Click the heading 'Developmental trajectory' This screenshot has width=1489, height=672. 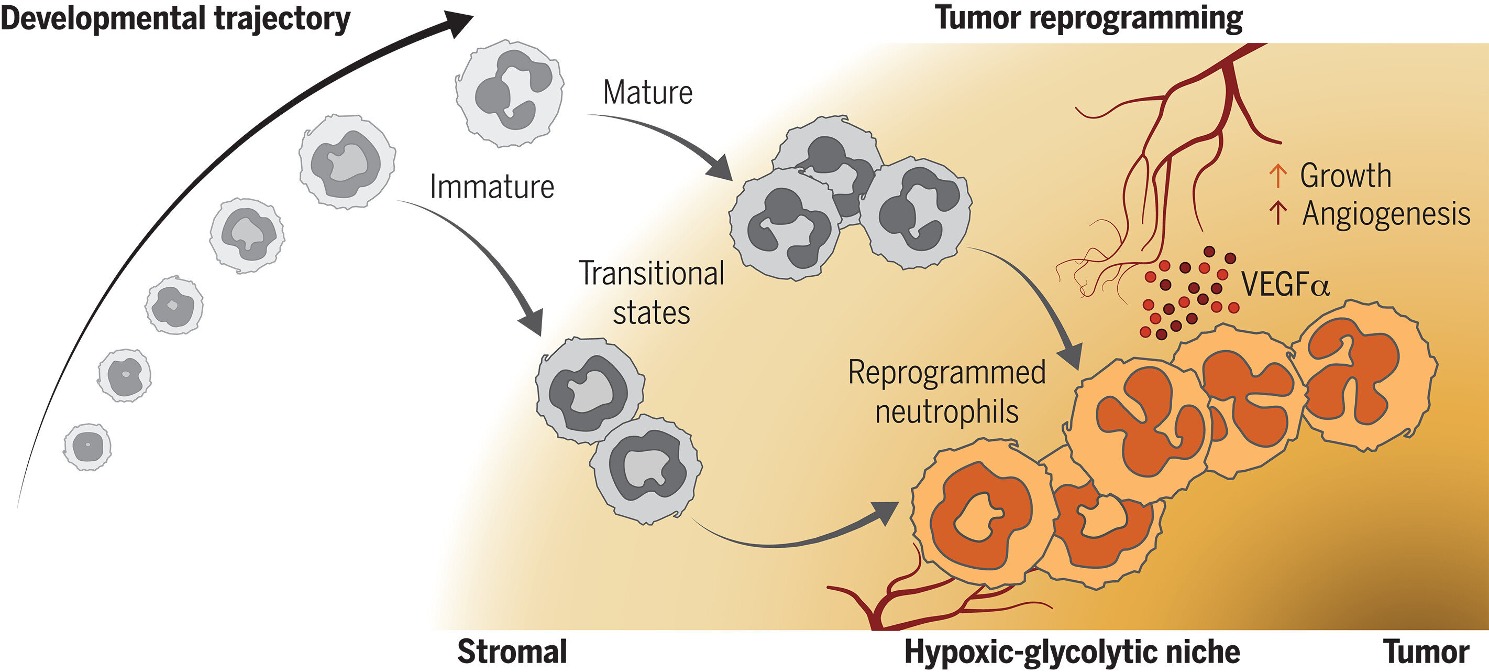point(175,18)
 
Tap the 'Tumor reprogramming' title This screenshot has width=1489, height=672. point(1088,17)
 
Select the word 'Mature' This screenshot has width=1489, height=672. point(647,93)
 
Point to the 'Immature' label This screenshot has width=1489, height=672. point(492,187)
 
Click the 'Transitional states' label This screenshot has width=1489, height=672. point(652,292)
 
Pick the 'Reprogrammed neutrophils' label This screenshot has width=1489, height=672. point(947,392)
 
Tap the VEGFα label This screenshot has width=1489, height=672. point(1285,285)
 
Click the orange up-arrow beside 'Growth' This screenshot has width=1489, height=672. point(1277,175)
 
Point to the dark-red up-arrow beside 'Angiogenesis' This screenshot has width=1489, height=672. point(1277,213)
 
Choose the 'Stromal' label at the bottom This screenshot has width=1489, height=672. point(512,652)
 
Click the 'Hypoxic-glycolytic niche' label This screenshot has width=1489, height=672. point(1072,652)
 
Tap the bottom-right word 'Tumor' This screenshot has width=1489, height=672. point(1426,652)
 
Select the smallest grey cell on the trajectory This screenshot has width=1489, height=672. point(87,447)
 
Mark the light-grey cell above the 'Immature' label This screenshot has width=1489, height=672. point(347,161)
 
